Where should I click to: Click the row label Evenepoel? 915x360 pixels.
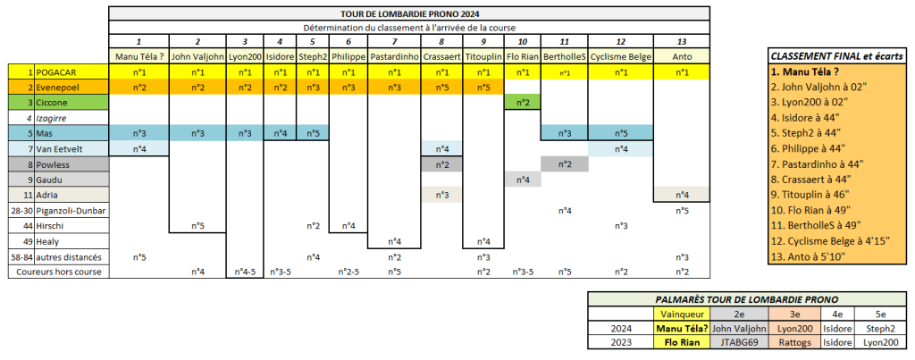point(60,88)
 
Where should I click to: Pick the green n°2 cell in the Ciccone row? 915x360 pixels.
point(522,103)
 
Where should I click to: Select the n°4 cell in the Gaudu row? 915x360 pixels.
point(522,180)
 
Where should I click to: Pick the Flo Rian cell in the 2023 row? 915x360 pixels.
point(680,340)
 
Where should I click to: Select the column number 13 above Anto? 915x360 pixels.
point(682,42)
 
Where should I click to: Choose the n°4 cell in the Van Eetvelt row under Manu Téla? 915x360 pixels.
point(139,148)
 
